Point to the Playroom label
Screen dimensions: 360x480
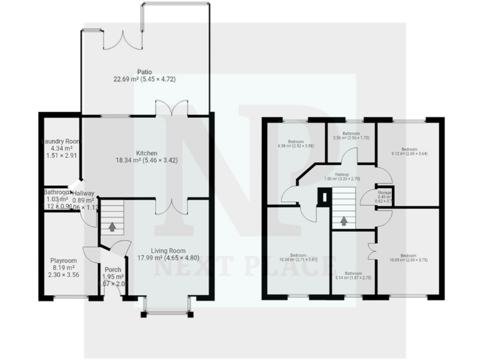(x=63, y=261)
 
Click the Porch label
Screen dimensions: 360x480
(x=113, y=270)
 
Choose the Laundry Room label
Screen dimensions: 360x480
(x=61, y=142)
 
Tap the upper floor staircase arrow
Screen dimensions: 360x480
(x=343, y=220)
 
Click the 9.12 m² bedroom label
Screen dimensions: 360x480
(x=409, y=149)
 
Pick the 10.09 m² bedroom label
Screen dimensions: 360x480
(x=408, y=255)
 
